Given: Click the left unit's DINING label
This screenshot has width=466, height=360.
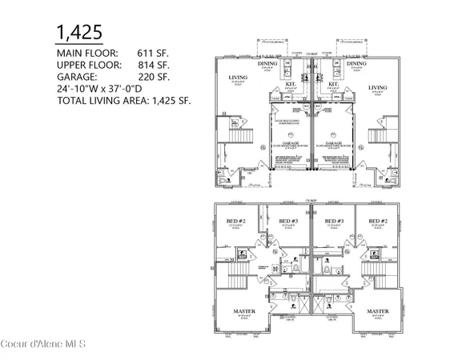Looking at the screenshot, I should pos(267,64).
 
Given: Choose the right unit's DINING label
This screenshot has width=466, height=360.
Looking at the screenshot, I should pos(356,64).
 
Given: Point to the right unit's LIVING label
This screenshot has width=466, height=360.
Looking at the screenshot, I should pos(377,87).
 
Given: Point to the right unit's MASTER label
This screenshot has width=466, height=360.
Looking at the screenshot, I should pos(376,310).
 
